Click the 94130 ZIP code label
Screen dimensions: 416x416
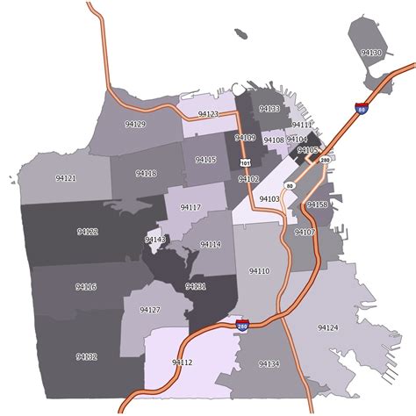coord(371,54)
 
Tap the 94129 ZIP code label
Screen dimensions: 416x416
coord(135,125)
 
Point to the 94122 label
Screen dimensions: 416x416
coord(87,232)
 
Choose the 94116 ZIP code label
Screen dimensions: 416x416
coord(86,287)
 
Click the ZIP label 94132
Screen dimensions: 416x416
coord(86,356)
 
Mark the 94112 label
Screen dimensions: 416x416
coord(183,362)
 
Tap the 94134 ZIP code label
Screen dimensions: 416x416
coord(269,363)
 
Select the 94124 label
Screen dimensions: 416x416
coord(326,327)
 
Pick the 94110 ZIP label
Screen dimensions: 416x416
coord(259,271)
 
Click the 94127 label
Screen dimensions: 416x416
coord(150,310)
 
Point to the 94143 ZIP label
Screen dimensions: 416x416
coord(155,240)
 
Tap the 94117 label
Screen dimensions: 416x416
coord(190,207)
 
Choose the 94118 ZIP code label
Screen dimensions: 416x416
coord(147,174)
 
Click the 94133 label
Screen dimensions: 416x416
coord(269,109)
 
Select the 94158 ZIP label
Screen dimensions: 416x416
coord(317,204)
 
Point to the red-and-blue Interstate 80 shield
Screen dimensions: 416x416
coord(361,108)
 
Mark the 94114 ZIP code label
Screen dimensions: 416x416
coord(211,244)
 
